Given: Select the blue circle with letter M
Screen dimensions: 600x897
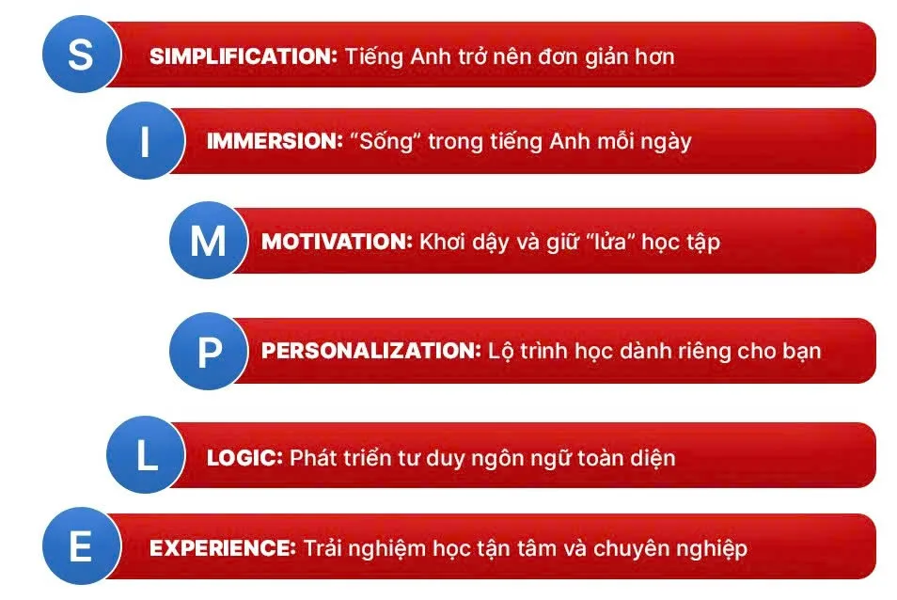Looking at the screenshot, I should (208, 241).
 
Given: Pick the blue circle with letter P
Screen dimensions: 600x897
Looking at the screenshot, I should (209, 352).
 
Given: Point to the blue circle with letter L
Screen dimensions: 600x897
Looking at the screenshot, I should (146, 457).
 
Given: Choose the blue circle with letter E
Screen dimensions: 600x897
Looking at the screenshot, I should (81, 546).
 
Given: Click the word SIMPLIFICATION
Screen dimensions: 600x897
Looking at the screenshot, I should (243, 55).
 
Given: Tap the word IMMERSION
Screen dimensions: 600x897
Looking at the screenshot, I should (274, 141).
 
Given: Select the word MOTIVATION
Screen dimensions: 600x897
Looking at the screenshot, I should (337, 241).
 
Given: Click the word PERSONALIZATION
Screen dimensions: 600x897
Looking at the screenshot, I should (370, 351).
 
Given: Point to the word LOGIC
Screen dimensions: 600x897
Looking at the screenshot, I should (244, 458).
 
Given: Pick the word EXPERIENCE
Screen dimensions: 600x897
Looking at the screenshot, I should (223, 547).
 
